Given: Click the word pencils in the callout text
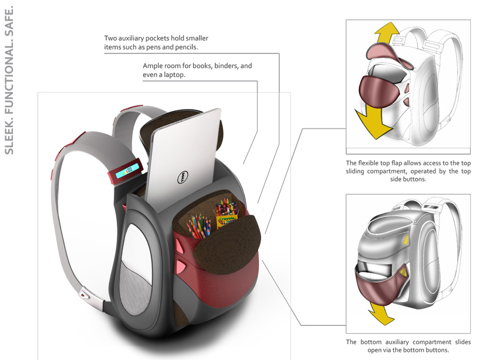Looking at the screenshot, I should tap(186, 47).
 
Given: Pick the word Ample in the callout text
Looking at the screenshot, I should tap(153, 66).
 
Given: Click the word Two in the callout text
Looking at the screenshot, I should tap(111, 38).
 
